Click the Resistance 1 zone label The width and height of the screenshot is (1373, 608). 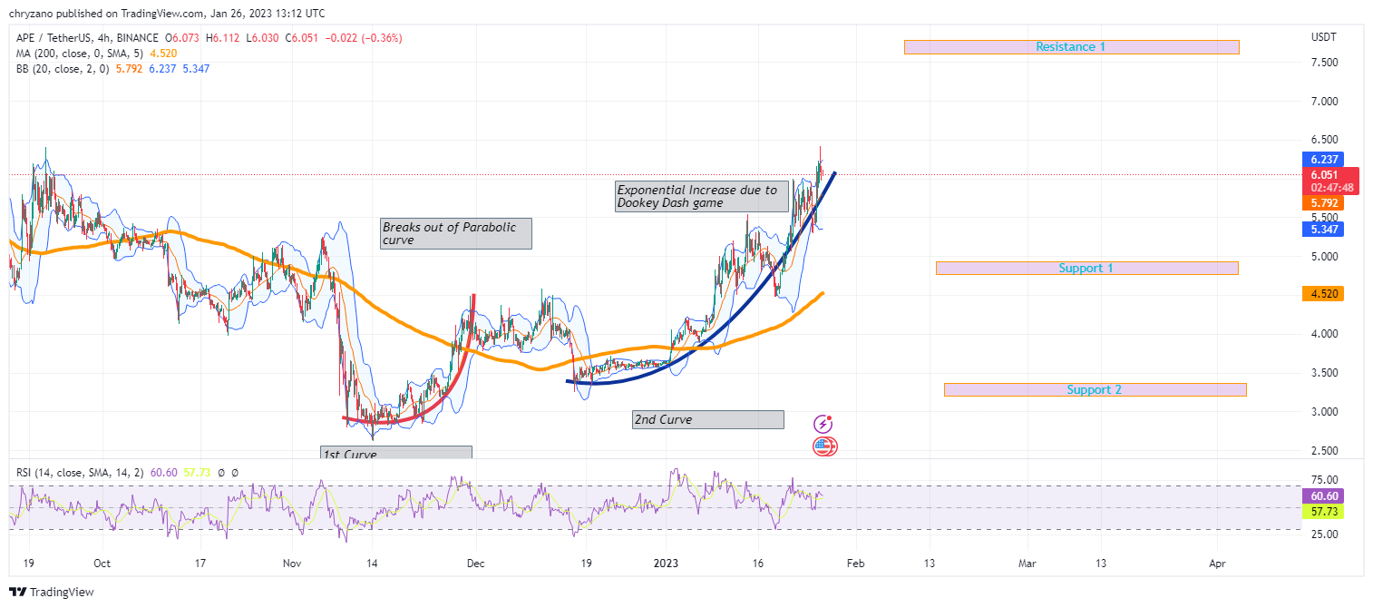pyautogui.click(x=1070, y=47)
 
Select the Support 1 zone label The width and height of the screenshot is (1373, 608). pyautogui.click(x=1086, y=269)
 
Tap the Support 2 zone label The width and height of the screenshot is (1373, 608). pyautogui.click(x=1094, y=390)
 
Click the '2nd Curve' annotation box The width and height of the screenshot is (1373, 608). pyautogui.click(x=707, y=420)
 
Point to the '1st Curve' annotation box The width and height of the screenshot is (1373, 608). pyautogui.click(x=395, y=454)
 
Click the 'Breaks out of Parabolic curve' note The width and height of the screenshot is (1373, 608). pyautogui.click(x=455, y=233)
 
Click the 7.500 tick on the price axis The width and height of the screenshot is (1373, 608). pyautogui.click(x=1324, y=63)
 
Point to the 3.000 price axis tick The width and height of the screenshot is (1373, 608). pyautogui.click(x=1324, y=412)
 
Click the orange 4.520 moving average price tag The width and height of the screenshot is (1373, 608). pyautogui.click(x=1321, y=294)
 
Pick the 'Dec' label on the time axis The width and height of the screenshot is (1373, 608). pyautogui.click(x=476, y=564)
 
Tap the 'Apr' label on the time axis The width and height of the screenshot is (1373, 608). pyautogui.click(x=1217, y=564)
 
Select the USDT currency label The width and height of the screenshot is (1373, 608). pyautogui.click(x=1324, y=37)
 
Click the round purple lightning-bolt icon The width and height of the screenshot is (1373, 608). pyautogui.click(x=823, y=424)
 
